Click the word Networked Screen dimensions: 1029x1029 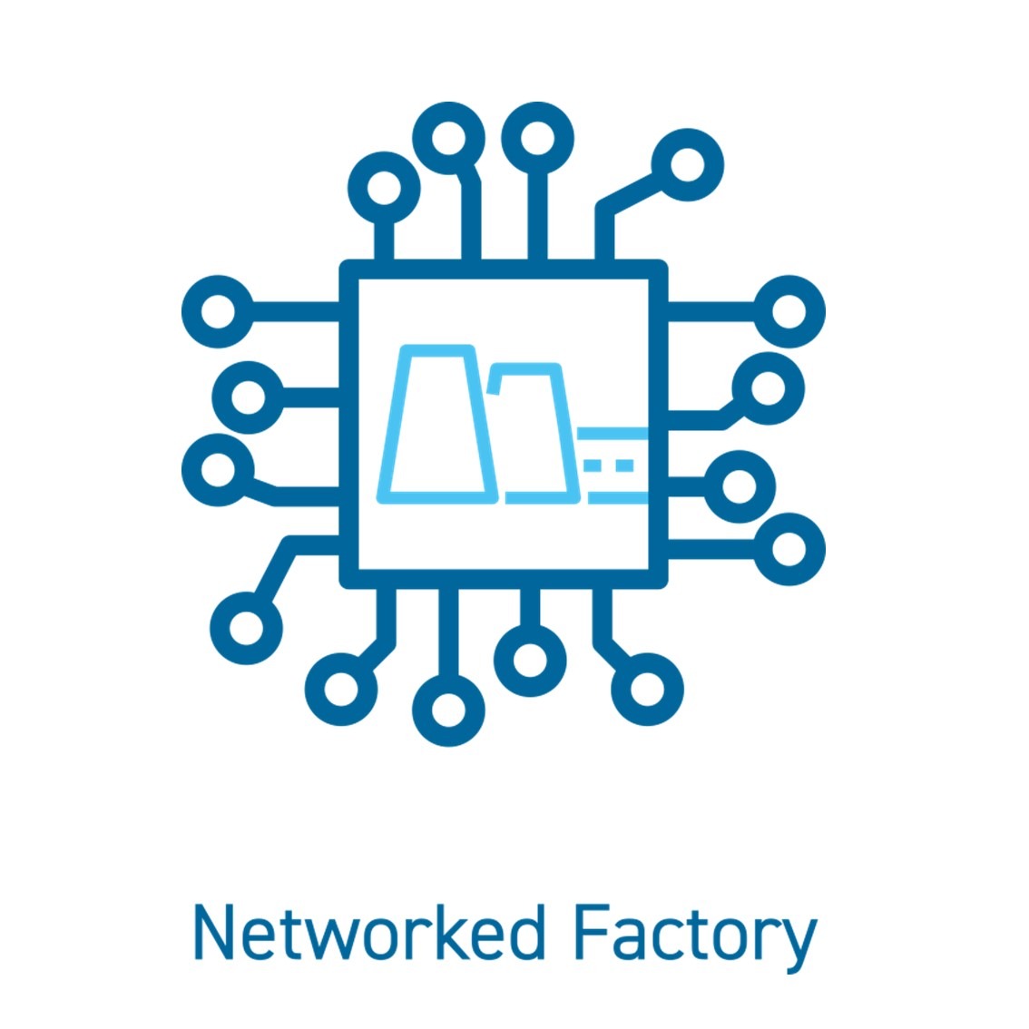(369, 933)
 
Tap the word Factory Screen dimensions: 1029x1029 (696, 939)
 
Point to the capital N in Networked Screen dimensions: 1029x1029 (214, 933)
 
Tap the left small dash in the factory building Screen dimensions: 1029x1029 (593, 465)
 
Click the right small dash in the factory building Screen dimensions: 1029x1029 (624, 465)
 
